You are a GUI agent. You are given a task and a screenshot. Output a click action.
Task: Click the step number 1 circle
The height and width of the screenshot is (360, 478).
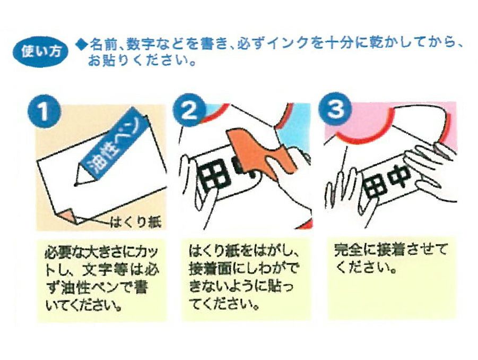[44, 111]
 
